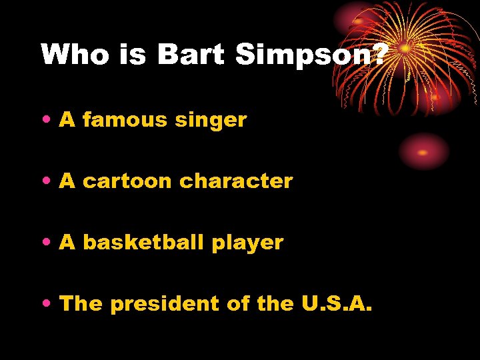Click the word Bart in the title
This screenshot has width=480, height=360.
tap(192, 55)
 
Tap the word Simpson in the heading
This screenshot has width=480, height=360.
tap(303, 55)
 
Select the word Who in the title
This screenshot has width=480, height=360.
tap(75, 55)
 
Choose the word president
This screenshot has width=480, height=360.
tap(165, 304)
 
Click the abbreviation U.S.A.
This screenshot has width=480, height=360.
tap(337, 304)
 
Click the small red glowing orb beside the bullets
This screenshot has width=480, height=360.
tap(423, 151)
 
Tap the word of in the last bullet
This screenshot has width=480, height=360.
tap(238, 304)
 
